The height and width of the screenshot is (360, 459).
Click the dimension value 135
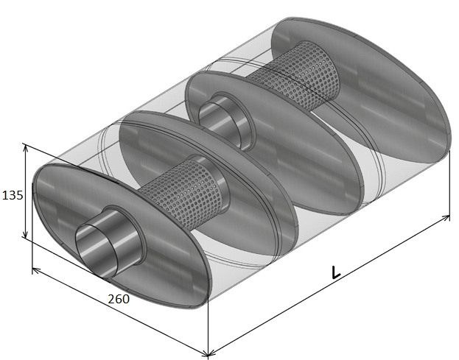click(13, 195)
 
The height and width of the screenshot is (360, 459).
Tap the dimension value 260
click(119, 299)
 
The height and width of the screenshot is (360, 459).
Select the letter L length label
click(336, 272)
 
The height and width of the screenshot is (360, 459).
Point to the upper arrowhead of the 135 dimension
click(26, 148)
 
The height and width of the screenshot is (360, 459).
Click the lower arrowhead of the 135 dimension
click(25, 234)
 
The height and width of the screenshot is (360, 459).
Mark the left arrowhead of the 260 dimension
click(35, 270)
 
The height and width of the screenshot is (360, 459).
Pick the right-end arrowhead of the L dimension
click(446, 218)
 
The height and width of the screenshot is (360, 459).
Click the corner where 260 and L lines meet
click(208, 355)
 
